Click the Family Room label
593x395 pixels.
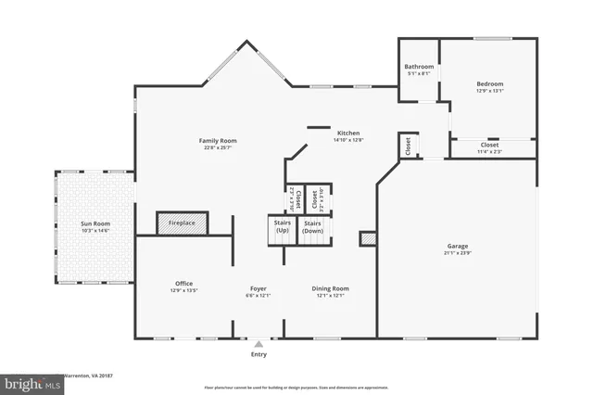(x=213, y=141)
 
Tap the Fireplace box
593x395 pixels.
(x=182, y=223)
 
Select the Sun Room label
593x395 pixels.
(x=95, y=223)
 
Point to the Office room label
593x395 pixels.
(x=183, y=284)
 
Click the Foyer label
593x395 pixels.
(x=259, y=288)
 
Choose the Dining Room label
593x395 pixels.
(x=331, y=288)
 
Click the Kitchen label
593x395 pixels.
(x=348, y=133)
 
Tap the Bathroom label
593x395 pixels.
(x=419, y=67)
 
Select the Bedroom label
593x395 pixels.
(x=489, y=83)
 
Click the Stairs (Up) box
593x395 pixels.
(x=283, y=227)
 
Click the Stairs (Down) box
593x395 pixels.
(x=313, y=227)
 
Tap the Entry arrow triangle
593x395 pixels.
(x=259, y=343)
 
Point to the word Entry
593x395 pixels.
(x=259, y=354)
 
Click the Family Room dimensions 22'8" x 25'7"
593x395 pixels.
(x=213, y=147)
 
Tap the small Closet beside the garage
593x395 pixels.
(x=407, y=145)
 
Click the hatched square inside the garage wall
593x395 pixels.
(x=367, y=239)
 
